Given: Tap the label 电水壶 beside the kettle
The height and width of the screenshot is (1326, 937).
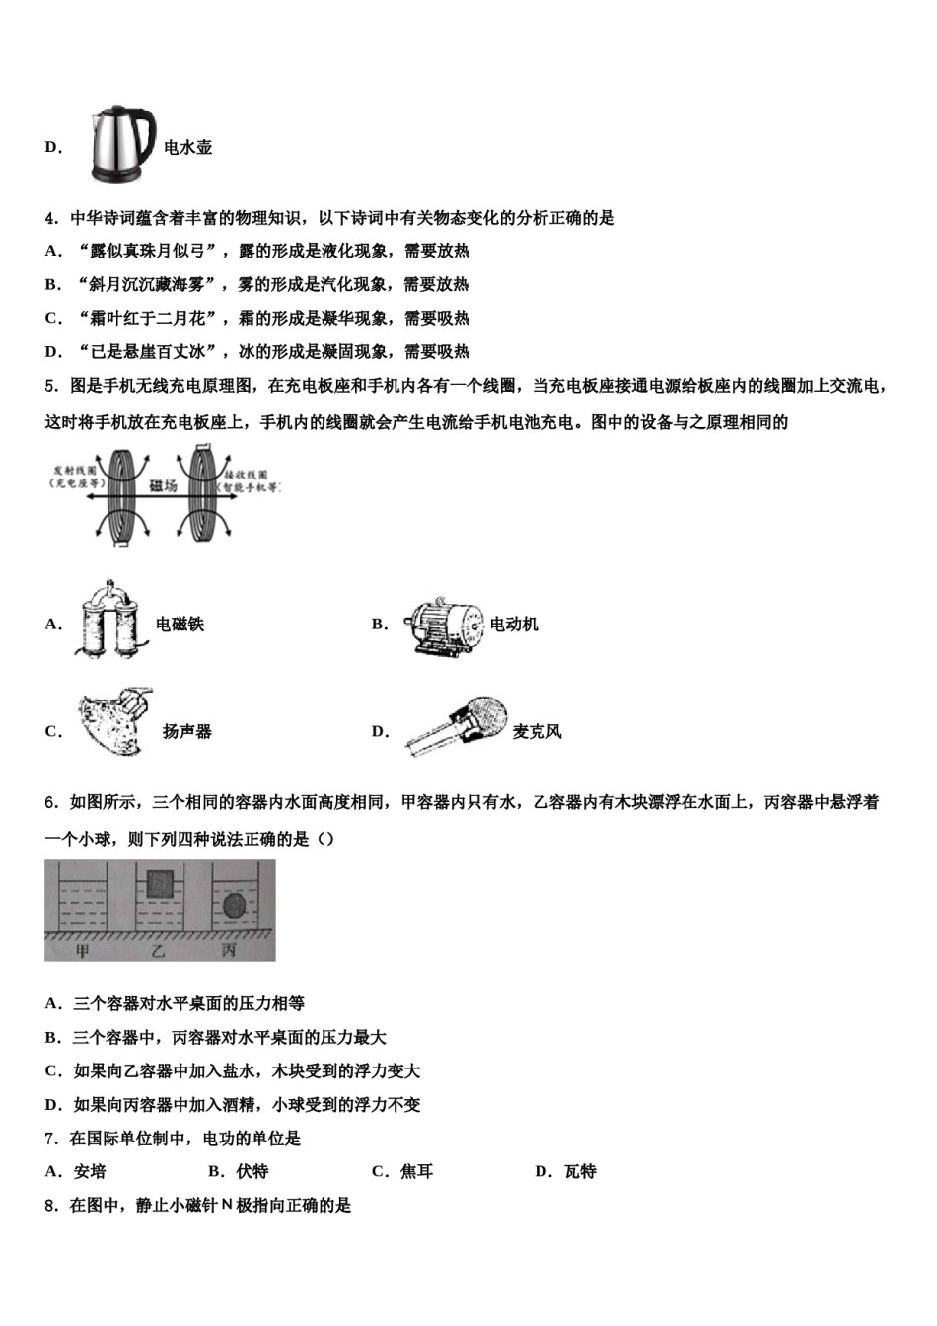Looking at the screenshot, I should pyautogui.click(x=187, y=148).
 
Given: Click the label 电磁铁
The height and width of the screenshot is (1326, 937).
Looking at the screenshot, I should pyautogui.click(x=180, y=625).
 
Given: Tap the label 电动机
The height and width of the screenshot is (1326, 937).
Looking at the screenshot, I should pyautogui.click(x=514, y=625).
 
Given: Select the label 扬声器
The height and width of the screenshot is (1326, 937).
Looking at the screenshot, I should pyautogui.click(x=187, y=732).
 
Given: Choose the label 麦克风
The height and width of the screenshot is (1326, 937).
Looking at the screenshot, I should pyautogui.click(x=538, y=732).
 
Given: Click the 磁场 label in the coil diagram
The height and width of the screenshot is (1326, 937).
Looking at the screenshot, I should pyautogui.click(x=163, y=486).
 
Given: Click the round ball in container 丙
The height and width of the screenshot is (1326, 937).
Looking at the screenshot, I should pyautogui.click(x=234, y=905).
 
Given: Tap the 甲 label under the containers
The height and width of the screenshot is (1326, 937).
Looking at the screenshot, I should pyautogui.click(x=83, y=951).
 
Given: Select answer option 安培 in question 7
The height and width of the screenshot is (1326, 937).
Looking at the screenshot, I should pyautogui.click(x=90, y=1172).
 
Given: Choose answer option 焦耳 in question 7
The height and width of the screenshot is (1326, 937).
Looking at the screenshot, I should pyautogui.click(x=416, y=1172).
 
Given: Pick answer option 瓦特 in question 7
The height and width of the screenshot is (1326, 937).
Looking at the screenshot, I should pyautogui.click(x=580, y=1172).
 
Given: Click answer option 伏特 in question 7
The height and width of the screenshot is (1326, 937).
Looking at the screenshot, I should pyautogui.click(x=252, y=1172).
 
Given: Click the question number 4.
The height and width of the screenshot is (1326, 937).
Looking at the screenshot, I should pyautogui.click(x=50, y=218).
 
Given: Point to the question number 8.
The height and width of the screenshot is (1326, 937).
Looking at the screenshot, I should pyautogui.click(x=50, y=1206).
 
